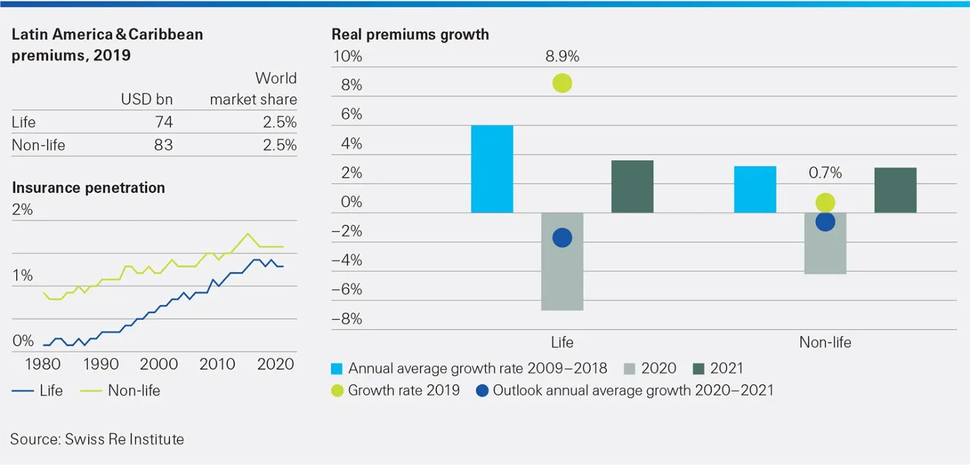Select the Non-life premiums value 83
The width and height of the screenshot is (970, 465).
coord(164,145)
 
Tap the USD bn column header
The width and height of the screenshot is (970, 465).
coord(147,100)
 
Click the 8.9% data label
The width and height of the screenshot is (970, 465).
coord(562,56)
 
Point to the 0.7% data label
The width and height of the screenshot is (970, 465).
coord(825,173)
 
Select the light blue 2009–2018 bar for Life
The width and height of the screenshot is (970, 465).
coord(492,169)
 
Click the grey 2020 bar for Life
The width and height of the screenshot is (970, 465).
coord(562,262)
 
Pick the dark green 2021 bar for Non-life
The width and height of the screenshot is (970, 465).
coord(895,190)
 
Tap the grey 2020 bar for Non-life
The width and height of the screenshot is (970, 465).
coord(825,244)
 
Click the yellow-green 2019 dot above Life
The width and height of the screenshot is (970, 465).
coord(562,83)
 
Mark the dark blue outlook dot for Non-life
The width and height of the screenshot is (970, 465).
coord(825,222)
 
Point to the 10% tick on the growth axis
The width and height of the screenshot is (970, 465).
coord(347,56)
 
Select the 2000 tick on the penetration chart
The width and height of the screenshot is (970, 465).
coord(159,364)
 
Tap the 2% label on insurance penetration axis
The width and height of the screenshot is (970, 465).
coord(22,210)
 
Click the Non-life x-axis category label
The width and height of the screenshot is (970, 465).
coord(825,343)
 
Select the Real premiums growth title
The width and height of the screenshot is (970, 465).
coord(410,34)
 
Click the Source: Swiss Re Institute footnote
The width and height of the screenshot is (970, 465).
coord(97,439)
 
